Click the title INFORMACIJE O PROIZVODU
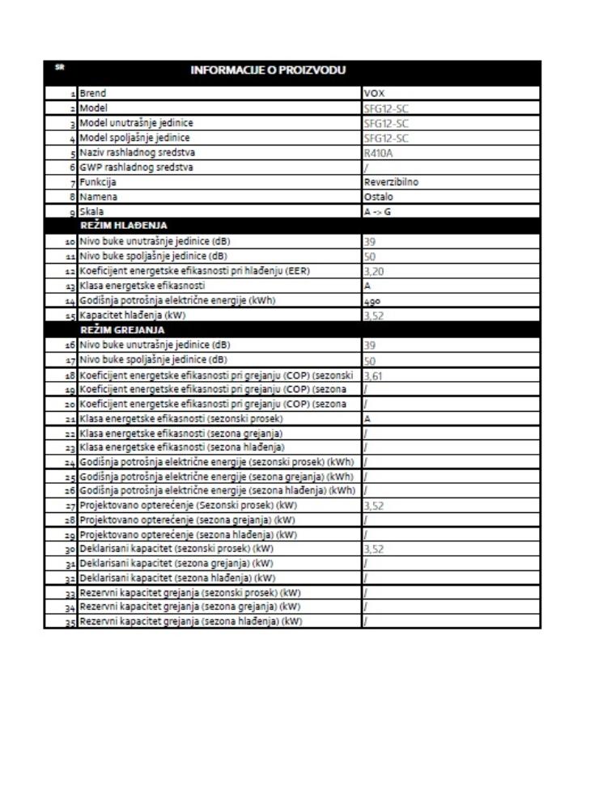[x=268, y=70]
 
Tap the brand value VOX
[x=375, y=94]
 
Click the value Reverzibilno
[x=391, y=182]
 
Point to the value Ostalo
[x=378, y=197]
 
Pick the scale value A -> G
[x=378, y=211]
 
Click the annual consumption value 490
[x=374, y=300]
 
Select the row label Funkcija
[x=98, y=182]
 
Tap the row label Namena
[x=96, y=197]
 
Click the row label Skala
[x=91, y=211]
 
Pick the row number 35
[x=70, y=622]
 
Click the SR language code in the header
[x=59, y=67]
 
